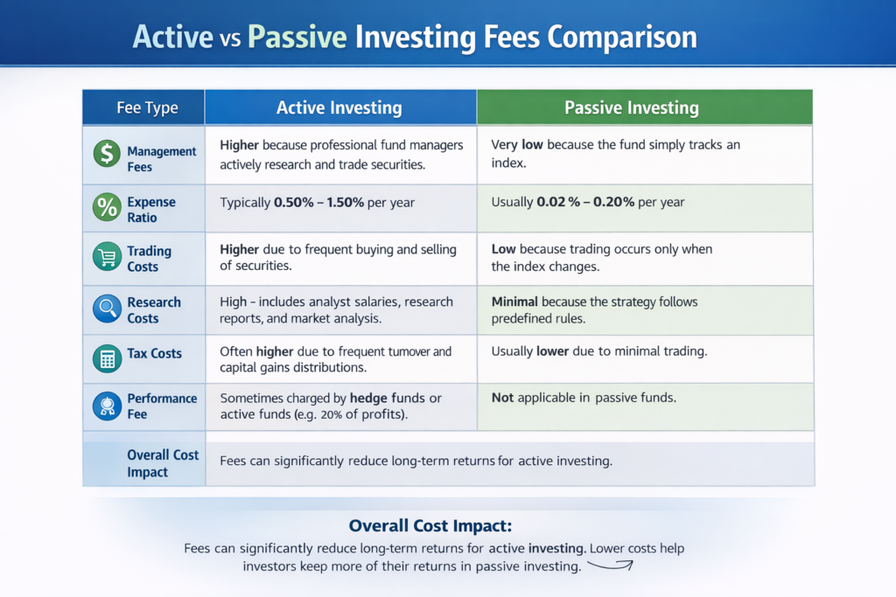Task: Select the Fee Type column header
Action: click(147, 108)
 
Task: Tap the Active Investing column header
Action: click(339, 108)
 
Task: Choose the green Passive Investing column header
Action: click(631, 108)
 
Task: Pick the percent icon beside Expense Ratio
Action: click(107, 207)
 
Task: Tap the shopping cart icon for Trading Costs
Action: click(107, 256)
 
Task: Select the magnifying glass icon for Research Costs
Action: click(107, 307)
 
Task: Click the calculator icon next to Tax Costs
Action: click(107, 358)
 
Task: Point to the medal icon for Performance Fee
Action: click(107, 405)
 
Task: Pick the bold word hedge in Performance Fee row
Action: click(368, 398)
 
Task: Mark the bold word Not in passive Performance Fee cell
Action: click(502, 398)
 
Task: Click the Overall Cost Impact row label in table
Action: click(162, 463)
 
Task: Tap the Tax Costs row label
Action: click(154, 353)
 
